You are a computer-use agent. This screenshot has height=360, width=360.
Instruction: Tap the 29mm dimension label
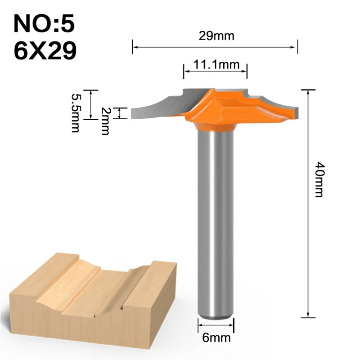pyautogui.click(x=217, y=36)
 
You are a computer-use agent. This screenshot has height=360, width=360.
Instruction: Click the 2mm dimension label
pyautogui.click(x=105, y=121)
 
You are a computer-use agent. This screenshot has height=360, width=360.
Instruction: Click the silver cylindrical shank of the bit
pyautogui.click(x=216, y=216)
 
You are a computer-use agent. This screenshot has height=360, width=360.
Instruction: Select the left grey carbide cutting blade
pyautogui.click(x=162, y=104)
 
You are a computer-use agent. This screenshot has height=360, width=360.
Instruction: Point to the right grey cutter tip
pyautogui.click(x=288, y=108)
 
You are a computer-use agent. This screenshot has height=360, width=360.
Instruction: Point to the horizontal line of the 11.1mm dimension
pyautogui.click(x=215, y=71)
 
